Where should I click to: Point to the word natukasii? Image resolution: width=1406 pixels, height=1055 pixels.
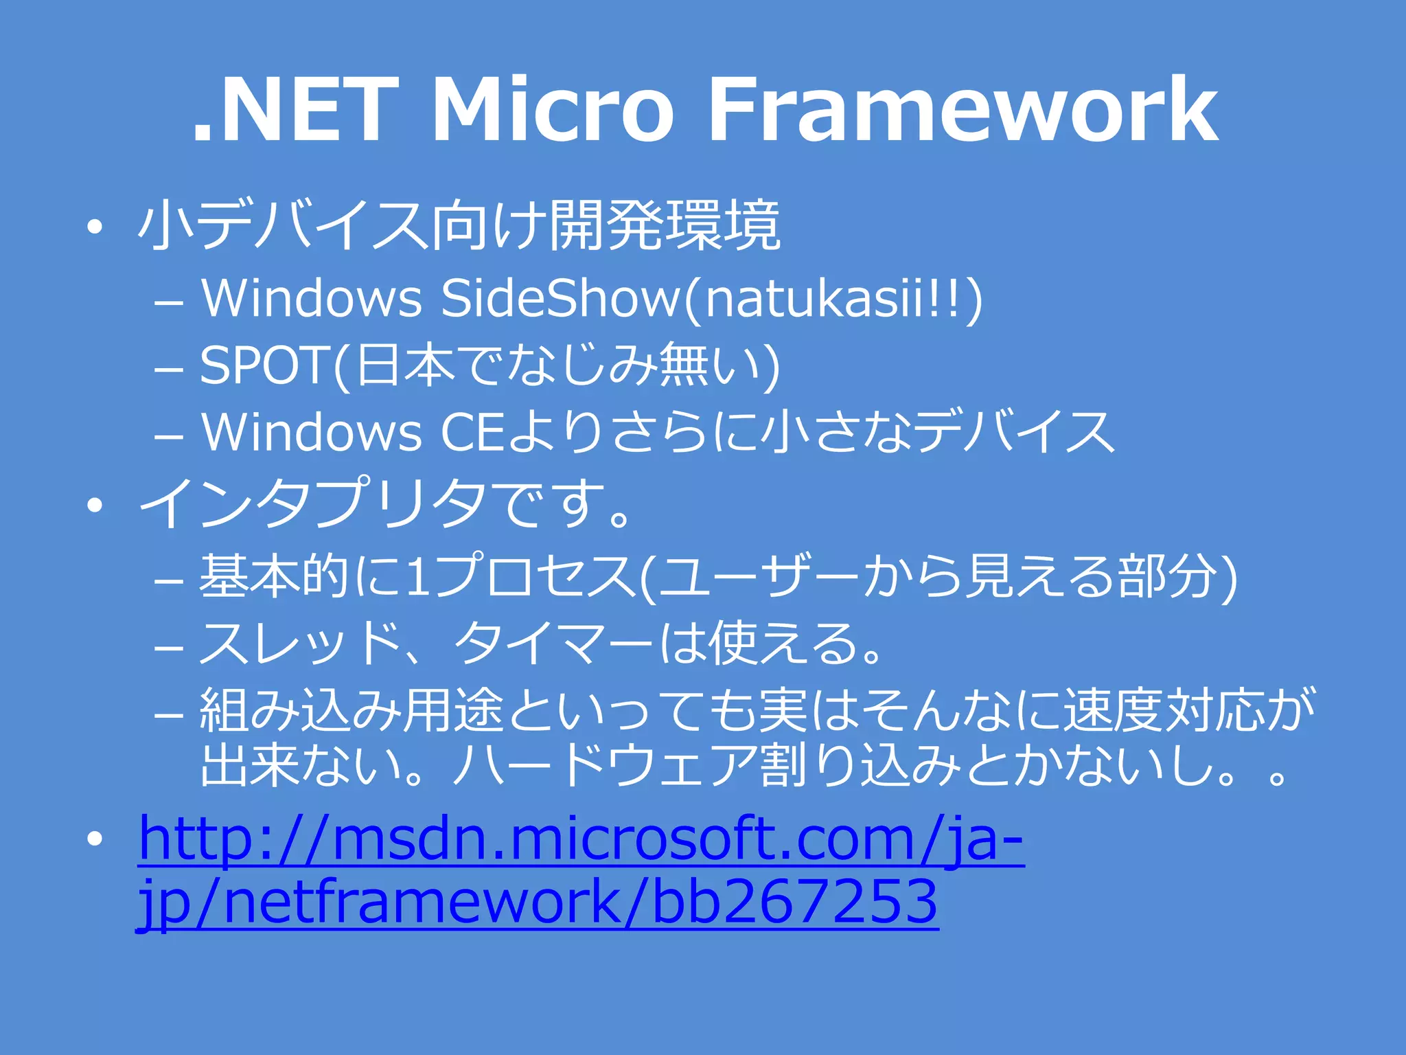coord(814,299)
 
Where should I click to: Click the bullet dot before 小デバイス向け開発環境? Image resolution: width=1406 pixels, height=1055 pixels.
coord(95,227)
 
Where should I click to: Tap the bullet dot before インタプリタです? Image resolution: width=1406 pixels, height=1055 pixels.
coord(95,506)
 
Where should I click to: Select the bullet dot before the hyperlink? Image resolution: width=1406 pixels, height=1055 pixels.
coord(95,838)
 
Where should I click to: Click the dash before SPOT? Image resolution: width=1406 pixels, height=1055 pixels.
coord(169,369)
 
